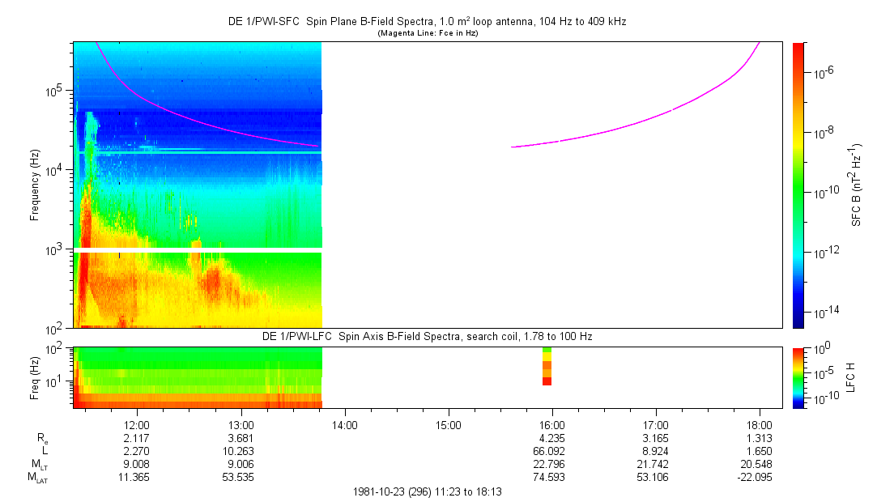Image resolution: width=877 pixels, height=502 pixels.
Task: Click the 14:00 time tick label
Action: coord(345,425)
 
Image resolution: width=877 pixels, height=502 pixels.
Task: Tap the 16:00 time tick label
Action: coord(551,425)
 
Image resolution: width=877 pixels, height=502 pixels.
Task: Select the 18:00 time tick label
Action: coord(759,425)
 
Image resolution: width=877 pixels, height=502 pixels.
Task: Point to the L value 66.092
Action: coord(551,451)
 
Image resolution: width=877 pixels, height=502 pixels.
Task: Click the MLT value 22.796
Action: coord(551,464)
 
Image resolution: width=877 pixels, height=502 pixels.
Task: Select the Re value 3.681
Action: coord(241,438)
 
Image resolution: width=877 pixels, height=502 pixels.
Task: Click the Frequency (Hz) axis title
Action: coord(35,185)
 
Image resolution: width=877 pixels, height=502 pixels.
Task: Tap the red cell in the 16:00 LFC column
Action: coord(547,381)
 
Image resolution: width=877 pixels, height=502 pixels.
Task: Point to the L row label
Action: coord(43,451)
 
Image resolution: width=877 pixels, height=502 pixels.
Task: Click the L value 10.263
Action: coord(241,451)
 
